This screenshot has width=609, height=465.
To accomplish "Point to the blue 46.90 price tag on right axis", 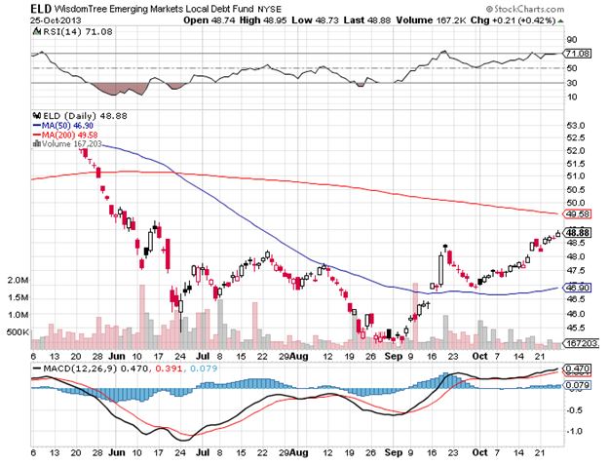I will pos(577,289).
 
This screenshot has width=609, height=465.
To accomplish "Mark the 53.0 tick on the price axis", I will pos(575,125).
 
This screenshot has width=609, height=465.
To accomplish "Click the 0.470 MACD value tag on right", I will pos(577,368).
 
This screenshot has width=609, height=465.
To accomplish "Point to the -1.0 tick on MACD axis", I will pos(575,431).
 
